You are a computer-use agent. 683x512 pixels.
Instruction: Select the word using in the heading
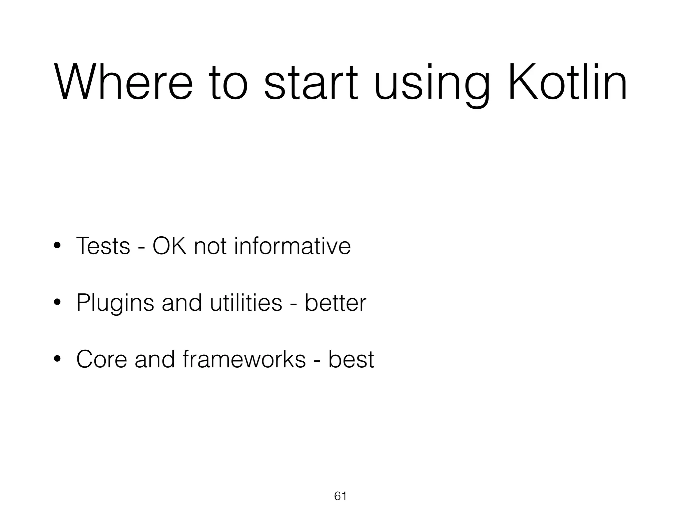(432, 85)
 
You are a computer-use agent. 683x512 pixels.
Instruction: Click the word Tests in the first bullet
(103, 246)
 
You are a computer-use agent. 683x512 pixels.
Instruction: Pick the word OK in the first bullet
(169, 246)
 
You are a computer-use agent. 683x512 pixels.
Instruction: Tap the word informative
(292, 246)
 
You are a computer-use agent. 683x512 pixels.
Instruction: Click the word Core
(102, 359)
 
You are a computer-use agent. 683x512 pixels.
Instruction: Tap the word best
(351, 359)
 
